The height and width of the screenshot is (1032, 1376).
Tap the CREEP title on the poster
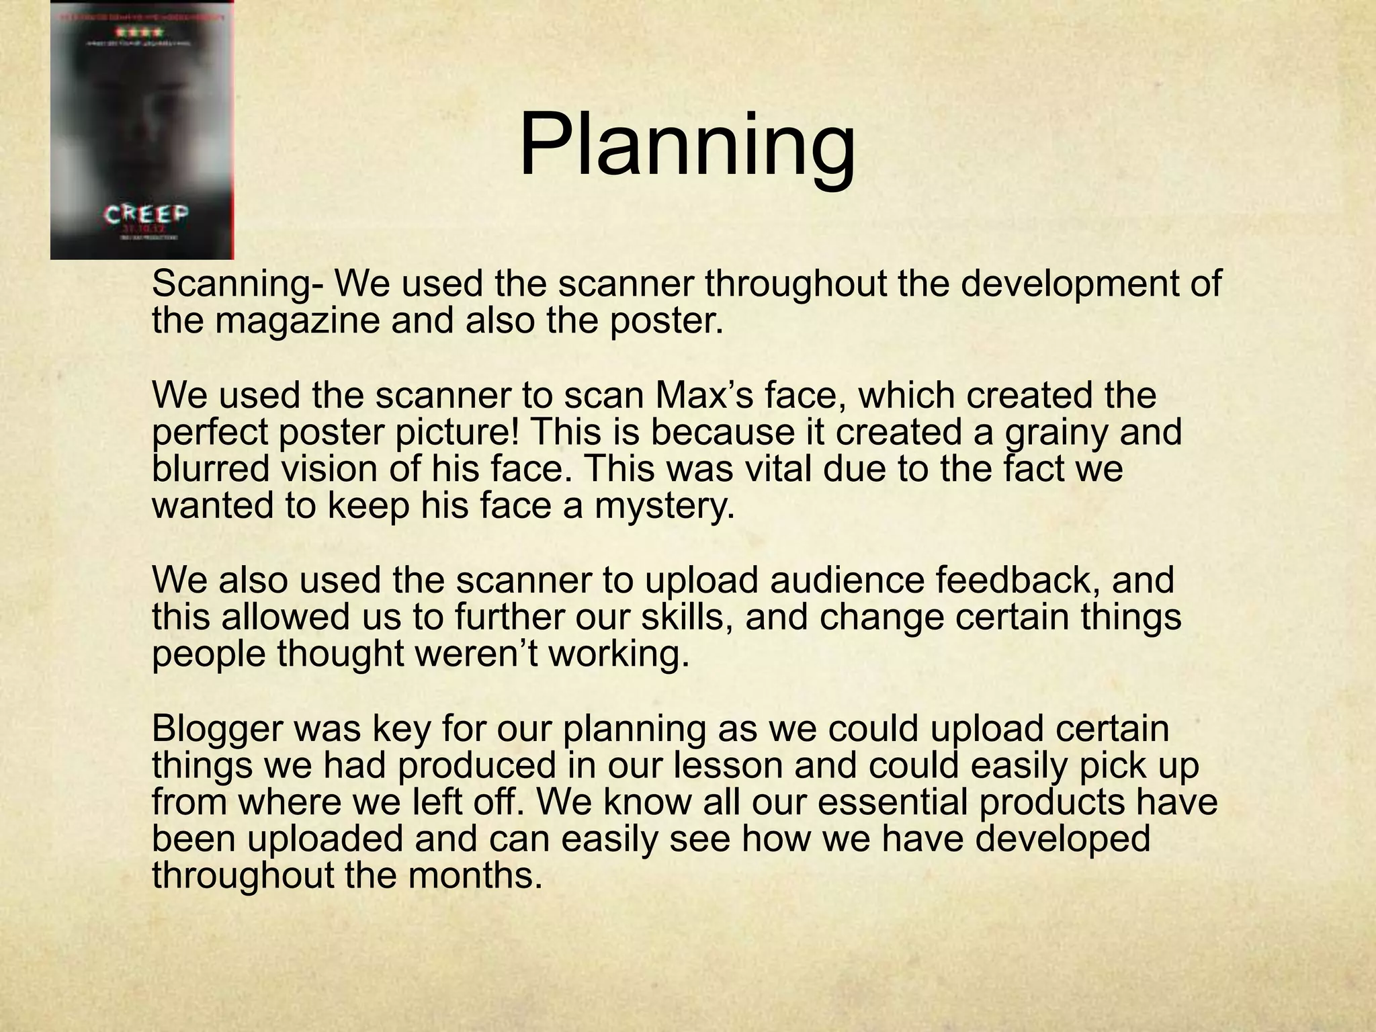(146, 214)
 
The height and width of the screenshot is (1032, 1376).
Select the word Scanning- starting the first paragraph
(238, 285)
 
